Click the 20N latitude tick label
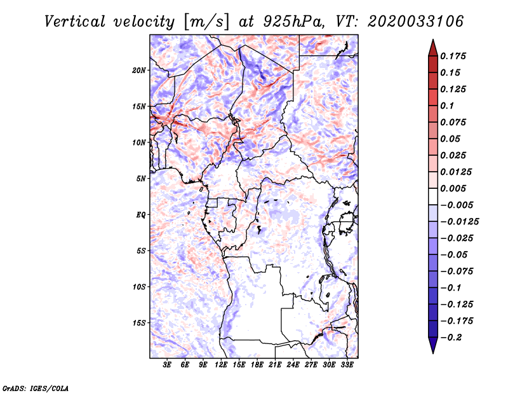tap(139, 71)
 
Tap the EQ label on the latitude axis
tap(141, 215)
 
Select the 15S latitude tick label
tap(139, 323)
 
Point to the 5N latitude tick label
tap(141, 179)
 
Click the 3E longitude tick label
tap(167, 365)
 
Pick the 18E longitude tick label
tap(257, 365)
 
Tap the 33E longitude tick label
tap(347, 365)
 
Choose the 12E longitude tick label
tap(221, 365)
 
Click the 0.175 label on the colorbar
tap(453, 56)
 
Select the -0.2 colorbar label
tap(451, 338)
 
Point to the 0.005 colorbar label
tap(453, 188)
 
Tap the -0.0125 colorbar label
tap(459, 222)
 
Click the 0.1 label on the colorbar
tap(447, 106)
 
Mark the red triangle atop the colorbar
tap(433, 48)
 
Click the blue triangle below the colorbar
tap(433, 345)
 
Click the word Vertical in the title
tap(75, 22)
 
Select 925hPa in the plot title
tap(294, 22)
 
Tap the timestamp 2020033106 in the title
tap(416, 22)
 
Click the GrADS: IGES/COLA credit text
tap(36, 388)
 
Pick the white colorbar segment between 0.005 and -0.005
tap(433, 197)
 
